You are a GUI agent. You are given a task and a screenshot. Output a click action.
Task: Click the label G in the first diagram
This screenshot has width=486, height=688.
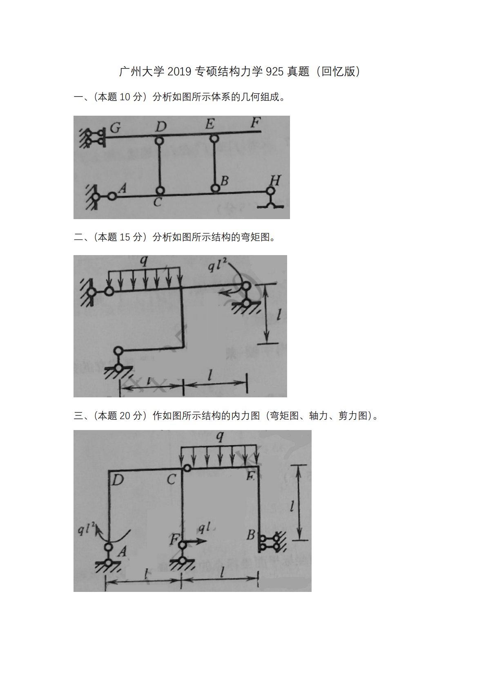[x=115, y=128]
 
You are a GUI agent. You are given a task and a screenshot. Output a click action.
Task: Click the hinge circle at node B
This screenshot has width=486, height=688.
[x=216, y=188]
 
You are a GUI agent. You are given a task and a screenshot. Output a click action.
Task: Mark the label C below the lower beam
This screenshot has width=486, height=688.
[x=157, y=202]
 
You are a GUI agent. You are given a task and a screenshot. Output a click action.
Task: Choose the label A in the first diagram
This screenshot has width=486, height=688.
[x=123, y=188]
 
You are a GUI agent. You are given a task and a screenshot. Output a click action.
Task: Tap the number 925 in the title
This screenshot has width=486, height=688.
[x=274, y=72]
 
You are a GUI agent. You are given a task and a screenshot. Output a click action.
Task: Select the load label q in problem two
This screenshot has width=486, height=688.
[x=144, y=261]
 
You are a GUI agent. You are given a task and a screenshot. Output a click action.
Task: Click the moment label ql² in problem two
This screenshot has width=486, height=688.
[x=218, y=265]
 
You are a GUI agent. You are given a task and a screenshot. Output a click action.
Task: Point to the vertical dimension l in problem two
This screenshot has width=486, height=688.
[x=279, y=315]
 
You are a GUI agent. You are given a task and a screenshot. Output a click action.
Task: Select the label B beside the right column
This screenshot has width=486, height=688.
[x=251, y=535]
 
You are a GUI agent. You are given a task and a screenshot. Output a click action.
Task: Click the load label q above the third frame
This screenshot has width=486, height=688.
[x=220, y=436]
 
